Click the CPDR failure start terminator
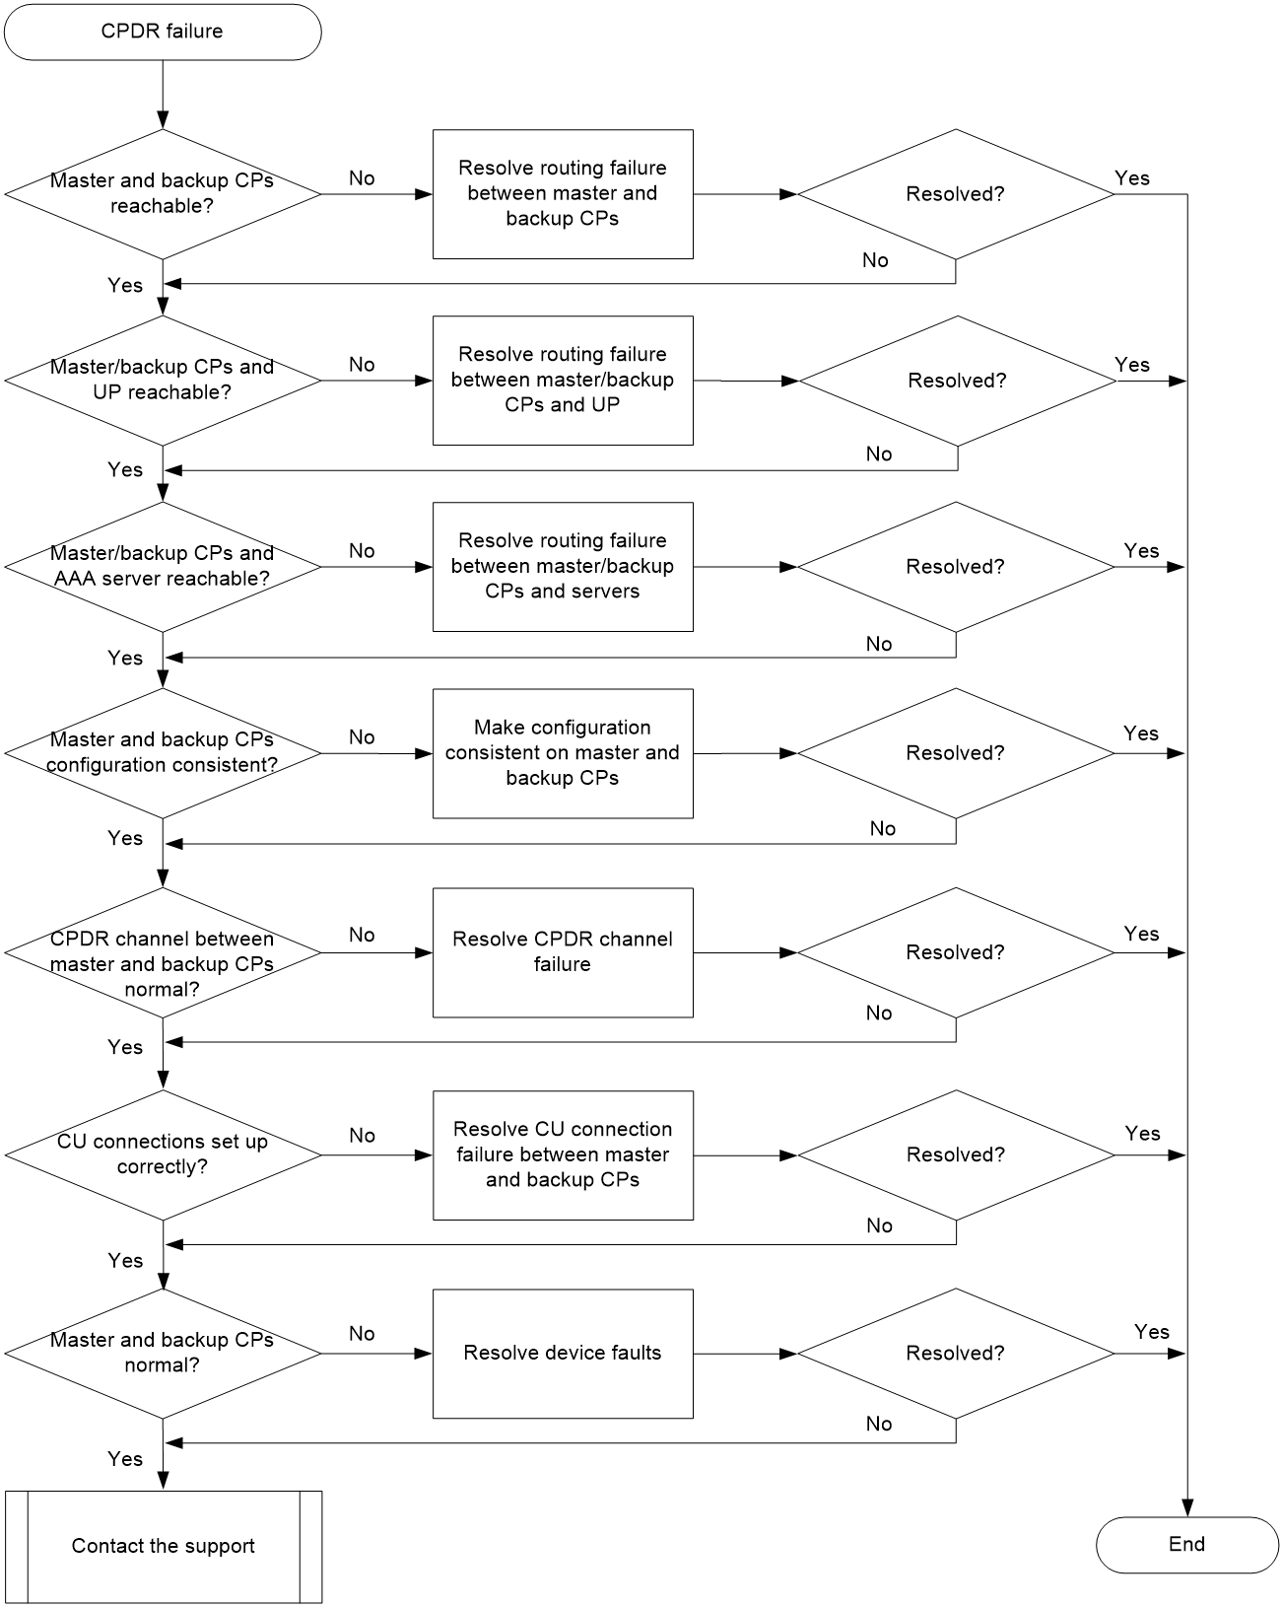click(x=163, y=33)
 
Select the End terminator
click(x=1186, y=1544)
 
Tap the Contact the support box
click(x=164, y=1546)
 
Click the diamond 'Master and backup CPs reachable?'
click(x=163, y=194)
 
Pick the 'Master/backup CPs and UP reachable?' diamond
click(x=163, y=381)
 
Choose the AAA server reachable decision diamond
click(x=163, y=567)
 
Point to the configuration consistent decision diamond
click(x=163, y=752)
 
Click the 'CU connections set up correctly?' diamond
click(x=163, y=1155)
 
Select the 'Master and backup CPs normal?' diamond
click(x=163, y=1353)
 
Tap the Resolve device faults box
click(x=563, y=1353)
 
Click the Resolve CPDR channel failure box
click(x=563, y=952)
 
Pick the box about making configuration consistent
click(x=563, y=752)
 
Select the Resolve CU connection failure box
click(x=563, y=1155)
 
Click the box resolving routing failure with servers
click(x=563, y=567)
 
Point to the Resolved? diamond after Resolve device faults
click(x=955, y=1353)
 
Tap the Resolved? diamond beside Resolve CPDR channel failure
click(x=955, y=952)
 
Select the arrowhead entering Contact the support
click(x=163, y=1482)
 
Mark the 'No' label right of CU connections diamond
click(x=362, y=1136)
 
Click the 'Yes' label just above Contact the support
click(x=124, y=1459)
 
